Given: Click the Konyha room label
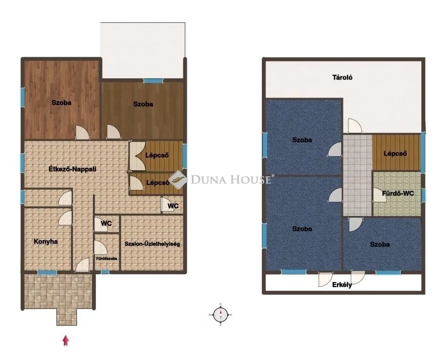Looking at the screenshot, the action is tap(46, 241).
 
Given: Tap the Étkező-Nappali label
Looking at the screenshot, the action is tap(72, 169).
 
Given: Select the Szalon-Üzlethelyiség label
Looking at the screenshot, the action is tap(152, 244).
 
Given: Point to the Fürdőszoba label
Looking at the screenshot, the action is tap(107, 258).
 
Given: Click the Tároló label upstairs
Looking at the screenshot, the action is tap(342, 77).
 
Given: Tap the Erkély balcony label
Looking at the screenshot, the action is tap(342, 285).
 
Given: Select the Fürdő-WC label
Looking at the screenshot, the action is tap(398, 193).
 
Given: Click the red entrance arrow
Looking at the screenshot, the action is tap(65, 340).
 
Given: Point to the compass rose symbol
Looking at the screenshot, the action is tap(221, 315).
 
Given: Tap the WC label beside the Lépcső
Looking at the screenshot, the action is tap(173, 206).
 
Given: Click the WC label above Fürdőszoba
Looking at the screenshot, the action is tap(106, 224).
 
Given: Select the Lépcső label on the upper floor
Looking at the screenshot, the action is tap(395, 154).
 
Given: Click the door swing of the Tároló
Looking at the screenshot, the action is tap(355, 126).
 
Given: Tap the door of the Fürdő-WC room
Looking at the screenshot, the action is tap(380, 195).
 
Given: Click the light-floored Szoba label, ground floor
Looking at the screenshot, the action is tap(61, 103).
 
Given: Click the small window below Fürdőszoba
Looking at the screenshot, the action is tap(105, 272).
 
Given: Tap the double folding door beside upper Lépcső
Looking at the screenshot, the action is tap(137, 156).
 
